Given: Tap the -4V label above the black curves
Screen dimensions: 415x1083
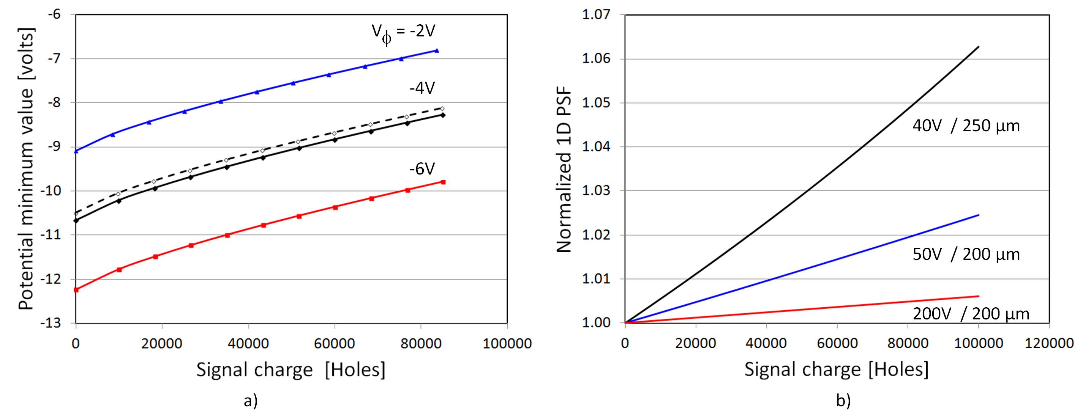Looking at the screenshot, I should coord(422,88).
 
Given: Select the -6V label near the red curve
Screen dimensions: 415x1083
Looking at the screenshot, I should coord(422,169).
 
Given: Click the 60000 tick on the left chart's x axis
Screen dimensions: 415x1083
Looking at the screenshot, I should coord(334,344).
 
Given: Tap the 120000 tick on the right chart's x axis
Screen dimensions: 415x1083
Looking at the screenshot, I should coord(1049,343).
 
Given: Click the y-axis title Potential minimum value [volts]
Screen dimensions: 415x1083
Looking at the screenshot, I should coord(26,169).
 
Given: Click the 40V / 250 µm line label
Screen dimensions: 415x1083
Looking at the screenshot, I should coord(966,126).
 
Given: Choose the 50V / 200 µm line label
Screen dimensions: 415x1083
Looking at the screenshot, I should coord(966,254).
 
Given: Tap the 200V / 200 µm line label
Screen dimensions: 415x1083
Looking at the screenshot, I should coord(971,314).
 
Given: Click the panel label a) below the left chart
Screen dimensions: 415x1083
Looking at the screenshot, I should coord(251,401).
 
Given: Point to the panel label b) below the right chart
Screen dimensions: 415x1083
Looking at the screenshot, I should coord(843,401).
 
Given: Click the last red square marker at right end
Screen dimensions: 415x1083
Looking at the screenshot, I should coord(443,182).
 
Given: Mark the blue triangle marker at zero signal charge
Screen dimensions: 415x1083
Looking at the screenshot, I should coord(76,151).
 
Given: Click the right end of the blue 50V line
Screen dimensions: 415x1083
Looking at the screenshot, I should coord(979,215).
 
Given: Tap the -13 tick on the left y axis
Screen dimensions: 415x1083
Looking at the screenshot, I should coord(54,323).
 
